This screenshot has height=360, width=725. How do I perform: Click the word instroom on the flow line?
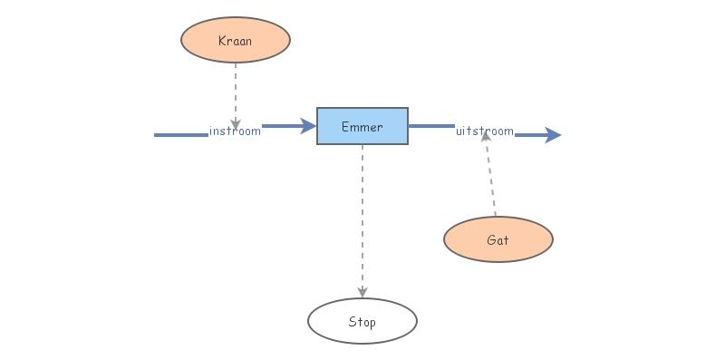pos(235,131)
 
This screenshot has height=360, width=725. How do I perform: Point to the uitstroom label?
pos(485,131)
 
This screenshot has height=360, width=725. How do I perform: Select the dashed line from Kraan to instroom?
pos(236,91)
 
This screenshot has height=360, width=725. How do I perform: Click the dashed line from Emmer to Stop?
pos(362,218)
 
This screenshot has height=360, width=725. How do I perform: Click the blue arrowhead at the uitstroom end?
pos(552,135)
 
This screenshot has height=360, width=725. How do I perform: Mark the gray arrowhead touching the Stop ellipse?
pos(362,292)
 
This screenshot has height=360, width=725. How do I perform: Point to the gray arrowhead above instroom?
pos(236,122)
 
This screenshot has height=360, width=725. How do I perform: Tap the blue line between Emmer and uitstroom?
pos(431,126)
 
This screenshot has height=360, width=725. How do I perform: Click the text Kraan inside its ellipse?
pos(236,41)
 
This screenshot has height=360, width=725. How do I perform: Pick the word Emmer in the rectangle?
pos(362,127)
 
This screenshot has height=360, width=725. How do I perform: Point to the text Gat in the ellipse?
pos(498,240)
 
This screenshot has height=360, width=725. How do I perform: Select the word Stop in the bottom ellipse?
pos(362,322)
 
